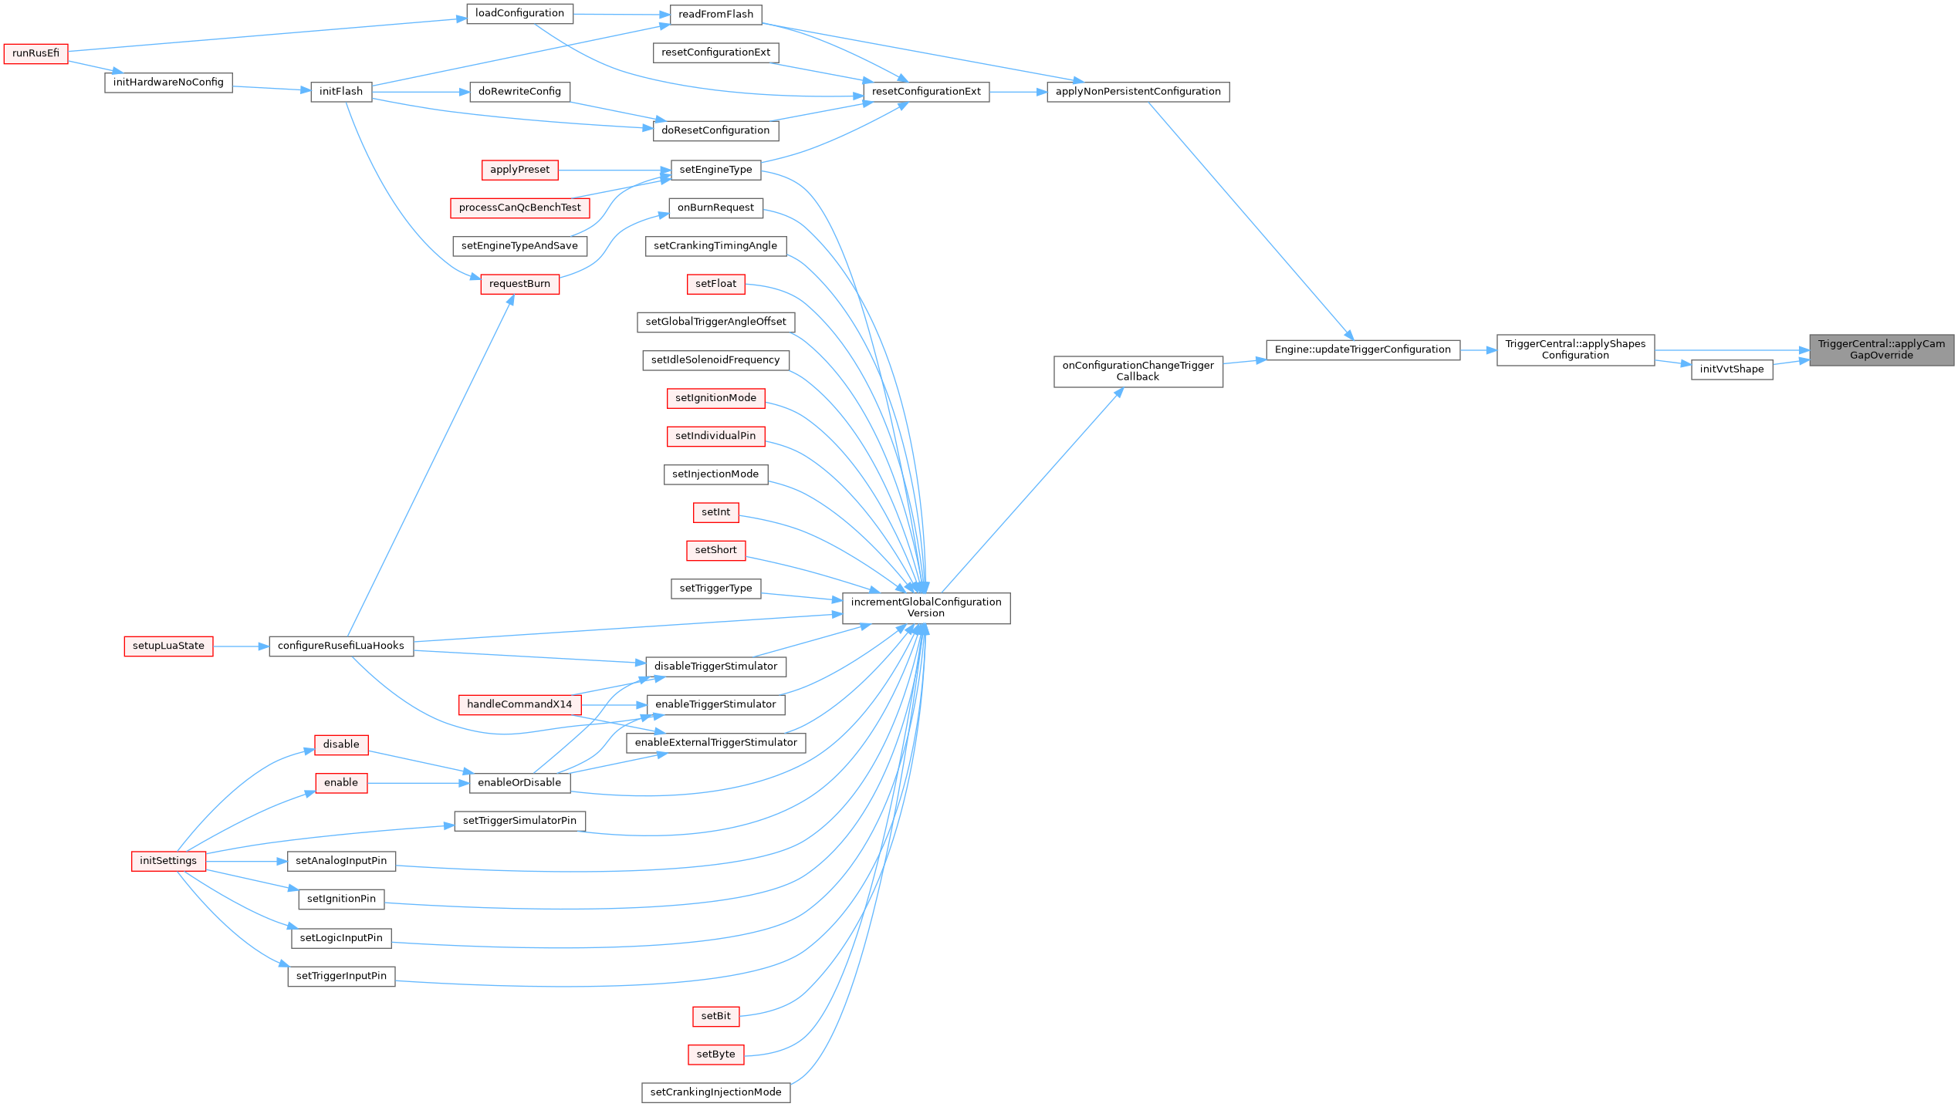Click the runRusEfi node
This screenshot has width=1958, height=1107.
36,54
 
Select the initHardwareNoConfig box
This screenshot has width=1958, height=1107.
168,83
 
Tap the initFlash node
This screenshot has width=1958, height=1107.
341,92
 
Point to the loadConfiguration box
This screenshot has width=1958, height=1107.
519,14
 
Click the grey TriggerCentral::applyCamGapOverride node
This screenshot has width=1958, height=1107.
1881,350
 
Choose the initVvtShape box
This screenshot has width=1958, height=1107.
1731,370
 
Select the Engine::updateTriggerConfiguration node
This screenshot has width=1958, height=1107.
1362,350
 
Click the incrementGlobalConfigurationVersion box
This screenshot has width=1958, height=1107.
925,608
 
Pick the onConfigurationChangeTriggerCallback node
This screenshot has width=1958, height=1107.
1138,371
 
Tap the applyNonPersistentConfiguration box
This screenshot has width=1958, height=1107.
1138,92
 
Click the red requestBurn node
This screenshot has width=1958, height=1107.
519,284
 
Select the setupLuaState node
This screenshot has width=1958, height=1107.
168,646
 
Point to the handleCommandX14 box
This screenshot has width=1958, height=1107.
519,704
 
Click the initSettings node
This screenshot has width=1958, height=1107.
168,861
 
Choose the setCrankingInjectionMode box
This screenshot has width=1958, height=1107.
715,1092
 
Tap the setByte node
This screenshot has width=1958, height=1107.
715,1055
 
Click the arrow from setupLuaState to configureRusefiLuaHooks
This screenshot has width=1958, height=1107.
241,646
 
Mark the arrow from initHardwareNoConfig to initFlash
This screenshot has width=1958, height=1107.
271,88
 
